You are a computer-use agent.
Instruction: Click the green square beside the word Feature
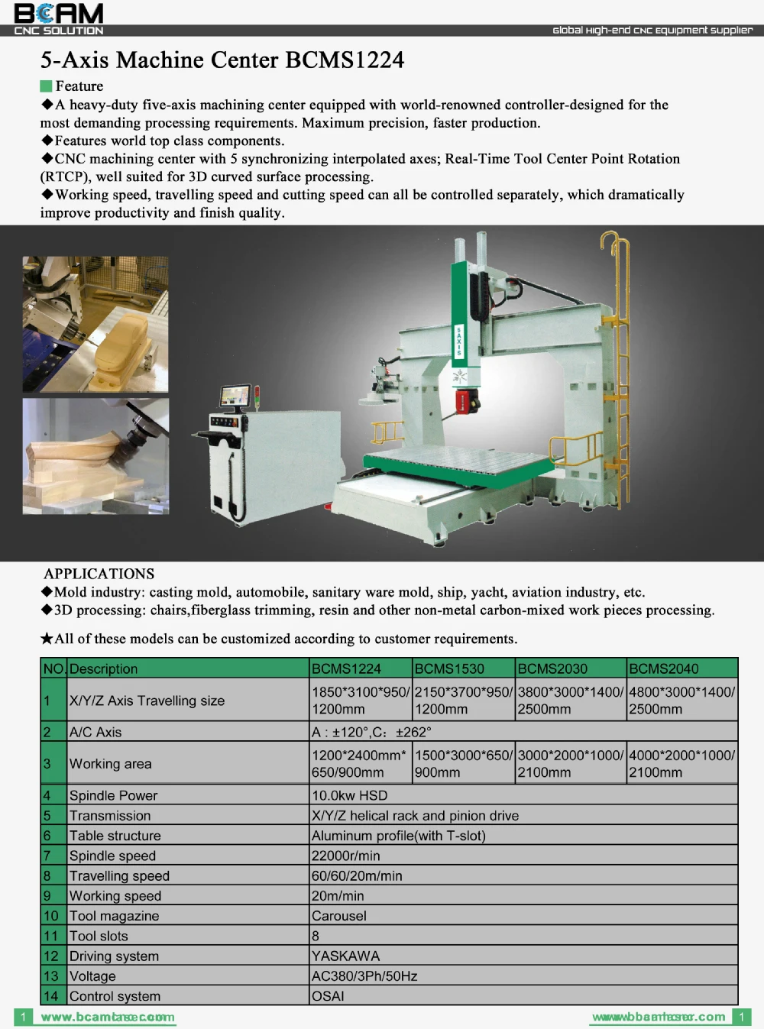[46, 86]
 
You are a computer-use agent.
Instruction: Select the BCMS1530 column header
[449, 668]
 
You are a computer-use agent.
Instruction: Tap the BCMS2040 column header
[663, 668]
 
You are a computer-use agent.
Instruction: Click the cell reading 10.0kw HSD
[349, 795]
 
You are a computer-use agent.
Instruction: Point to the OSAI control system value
[328, 996]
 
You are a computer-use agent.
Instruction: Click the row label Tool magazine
[114, 916]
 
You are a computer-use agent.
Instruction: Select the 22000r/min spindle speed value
[345, 856]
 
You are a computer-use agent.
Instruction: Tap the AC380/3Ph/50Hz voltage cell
[364, 976]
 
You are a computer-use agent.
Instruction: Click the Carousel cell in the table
[339, 916]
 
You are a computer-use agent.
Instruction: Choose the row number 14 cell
[51, 996]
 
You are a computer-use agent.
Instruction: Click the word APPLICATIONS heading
[99, 574]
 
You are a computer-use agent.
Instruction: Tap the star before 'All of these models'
[47, 639]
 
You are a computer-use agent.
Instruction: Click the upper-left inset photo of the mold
[95, 324]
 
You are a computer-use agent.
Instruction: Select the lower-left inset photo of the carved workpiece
[95, 456]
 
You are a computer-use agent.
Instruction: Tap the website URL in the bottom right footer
[659, 1017]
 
